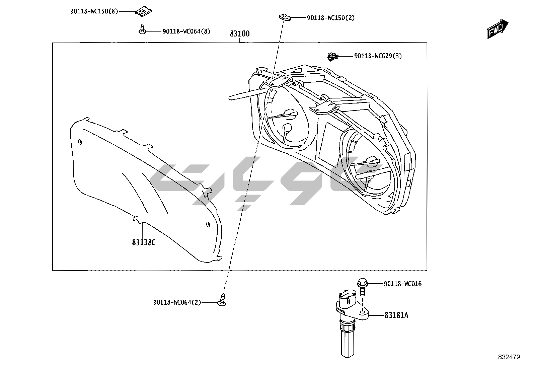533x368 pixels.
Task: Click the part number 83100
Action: pyautogui.click(x=240, y=34)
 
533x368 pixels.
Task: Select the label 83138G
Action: pyautogui.click(x=144, y=242)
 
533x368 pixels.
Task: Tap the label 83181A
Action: pyautogui.click(x=396, y=315)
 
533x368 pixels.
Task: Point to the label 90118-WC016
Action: pyautogui.click(x=402, y=284)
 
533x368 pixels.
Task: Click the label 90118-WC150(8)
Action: pyautogui.click(x=94, y=11)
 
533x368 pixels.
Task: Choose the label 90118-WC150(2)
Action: pyautogui.click(x=330, y=18)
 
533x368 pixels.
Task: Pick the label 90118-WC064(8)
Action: pyautogui.click(x=186, y=31)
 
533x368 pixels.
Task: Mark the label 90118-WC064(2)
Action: pyautogui.click(x=177, y=302)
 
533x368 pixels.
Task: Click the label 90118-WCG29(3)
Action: pyautogui.click(x=378, y=56)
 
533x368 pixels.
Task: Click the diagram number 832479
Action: pyautogui.click(x=509, y=357)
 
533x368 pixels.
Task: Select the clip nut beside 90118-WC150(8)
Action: pyautogui.click(x=142, y=12)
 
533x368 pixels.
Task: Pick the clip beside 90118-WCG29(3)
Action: pyautogui.click(x=332, y=57)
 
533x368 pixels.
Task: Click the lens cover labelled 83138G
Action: pyautogui.click(x=141, y=188)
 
